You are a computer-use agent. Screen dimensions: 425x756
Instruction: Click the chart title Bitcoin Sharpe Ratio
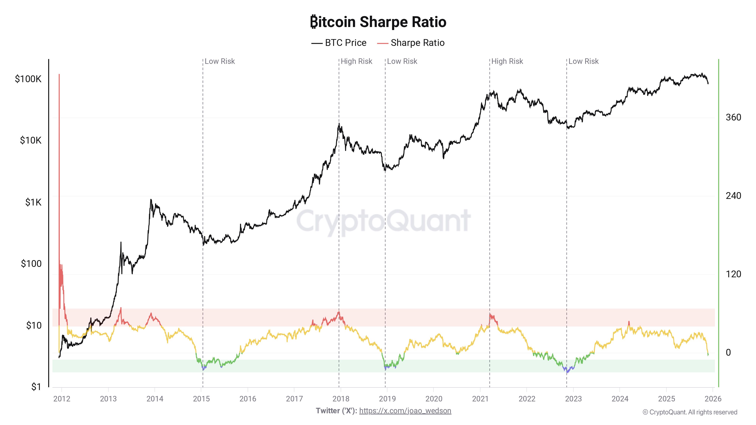point(378,22)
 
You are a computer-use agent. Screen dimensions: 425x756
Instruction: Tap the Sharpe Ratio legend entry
point(411,43)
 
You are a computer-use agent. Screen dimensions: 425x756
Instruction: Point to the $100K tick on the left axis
point(28,79)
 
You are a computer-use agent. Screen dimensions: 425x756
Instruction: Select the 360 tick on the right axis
point(733,117)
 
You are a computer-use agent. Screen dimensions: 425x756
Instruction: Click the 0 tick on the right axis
point(728,352)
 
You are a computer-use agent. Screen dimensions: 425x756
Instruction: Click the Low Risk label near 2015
point(219,61)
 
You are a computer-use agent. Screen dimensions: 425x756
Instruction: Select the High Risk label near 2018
point(356,61)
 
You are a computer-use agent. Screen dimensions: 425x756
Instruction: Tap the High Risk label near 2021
point(507,61)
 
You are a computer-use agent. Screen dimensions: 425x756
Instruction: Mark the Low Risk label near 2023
point(583,61)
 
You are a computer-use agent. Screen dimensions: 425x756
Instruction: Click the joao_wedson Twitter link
point(405,411)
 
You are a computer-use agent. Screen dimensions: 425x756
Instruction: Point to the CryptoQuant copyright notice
point(690,412)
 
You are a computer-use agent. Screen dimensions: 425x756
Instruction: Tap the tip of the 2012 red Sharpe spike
point(59,75)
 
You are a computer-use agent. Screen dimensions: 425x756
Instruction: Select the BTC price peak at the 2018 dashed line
point(339,124)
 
